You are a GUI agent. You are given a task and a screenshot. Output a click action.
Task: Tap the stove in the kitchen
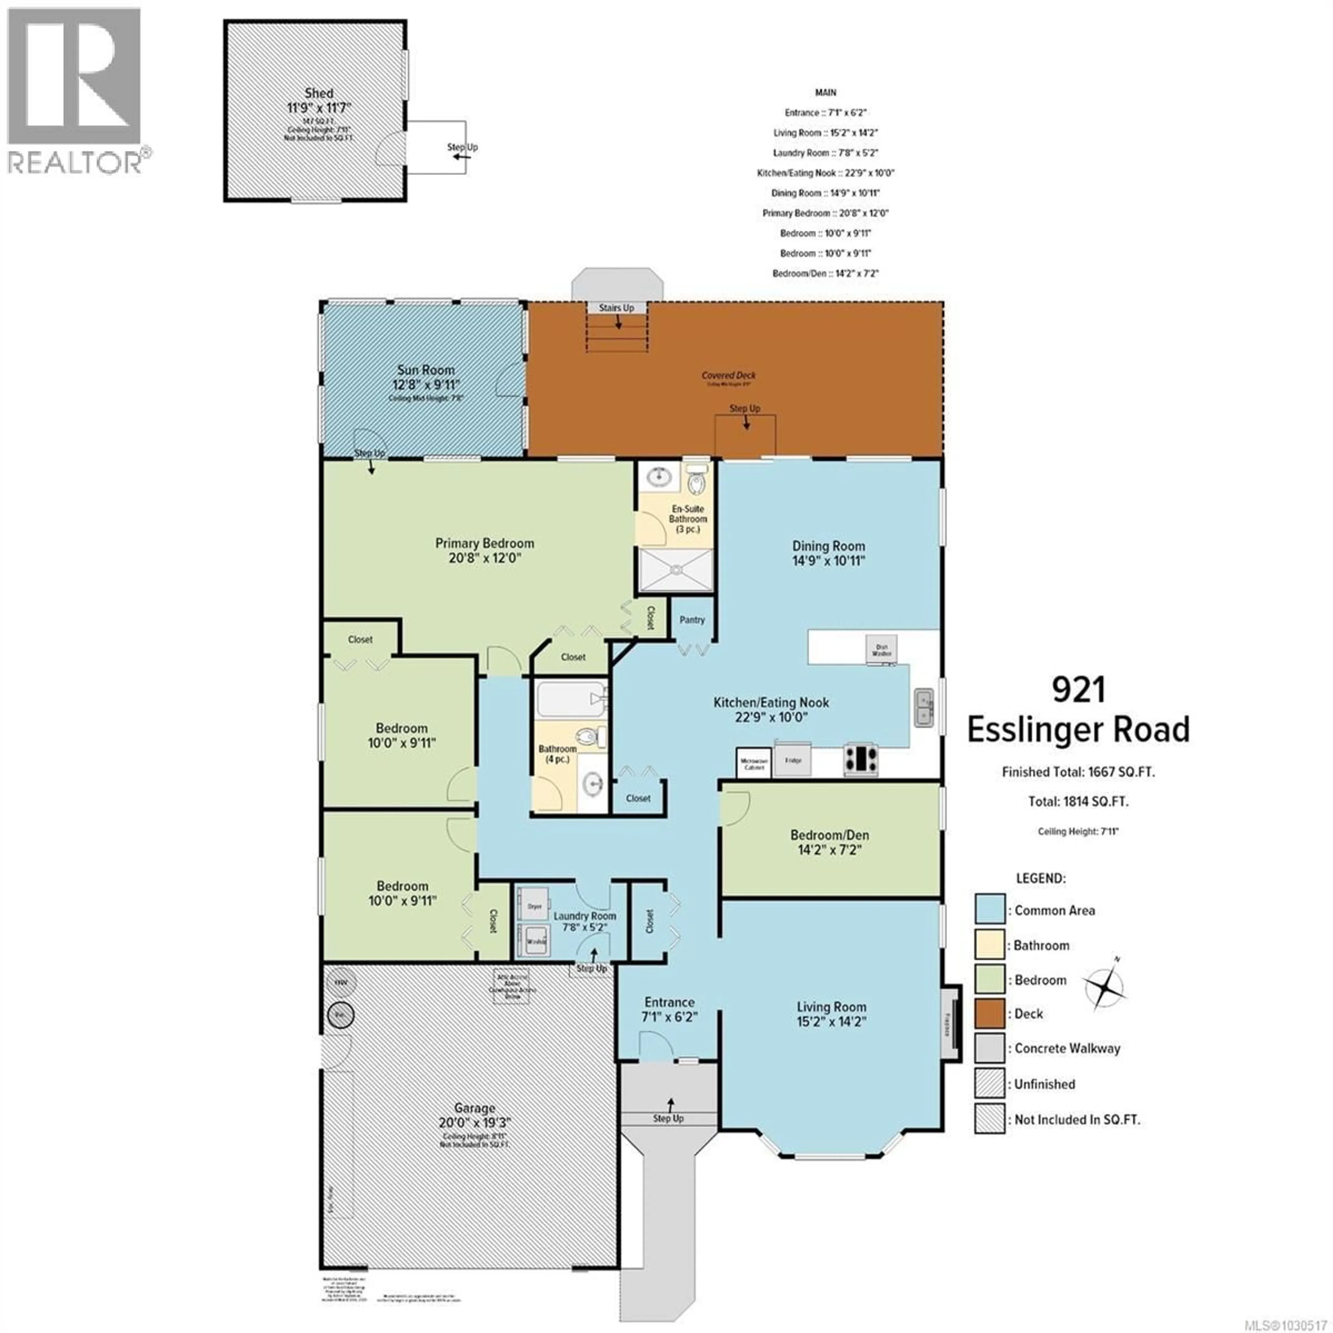coord(861,759)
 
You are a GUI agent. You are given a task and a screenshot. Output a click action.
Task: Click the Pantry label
coord(692,620)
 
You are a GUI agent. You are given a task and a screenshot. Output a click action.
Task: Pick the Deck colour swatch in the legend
coord(989,1014)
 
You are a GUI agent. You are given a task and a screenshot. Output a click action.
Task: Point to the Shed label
coord(319,93)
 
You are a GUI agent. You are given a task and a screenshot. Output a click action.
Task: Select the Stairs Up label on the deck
coord(616,308)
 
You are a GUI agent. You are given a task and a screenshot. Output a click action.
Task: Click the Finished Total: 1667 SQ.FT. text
coord(1078,772)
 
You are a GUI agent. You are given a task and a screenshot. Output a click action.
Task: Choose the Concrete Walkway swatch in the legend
coord(989,1048)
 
